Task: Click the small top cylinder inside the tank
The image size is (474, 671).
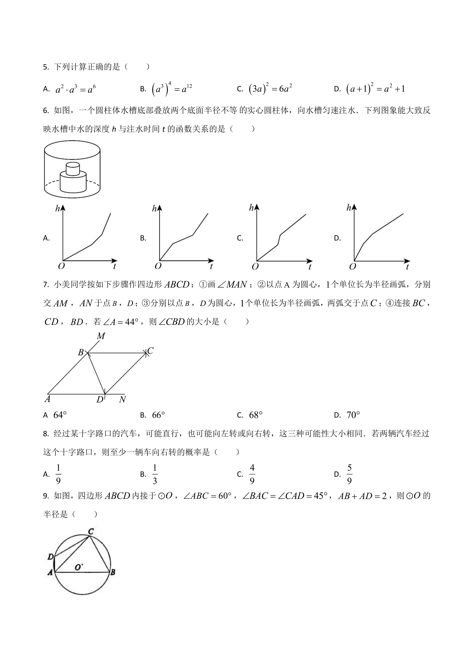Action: pos(73,169)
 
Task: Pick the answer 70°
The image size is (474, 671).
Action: pos(353,415)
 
